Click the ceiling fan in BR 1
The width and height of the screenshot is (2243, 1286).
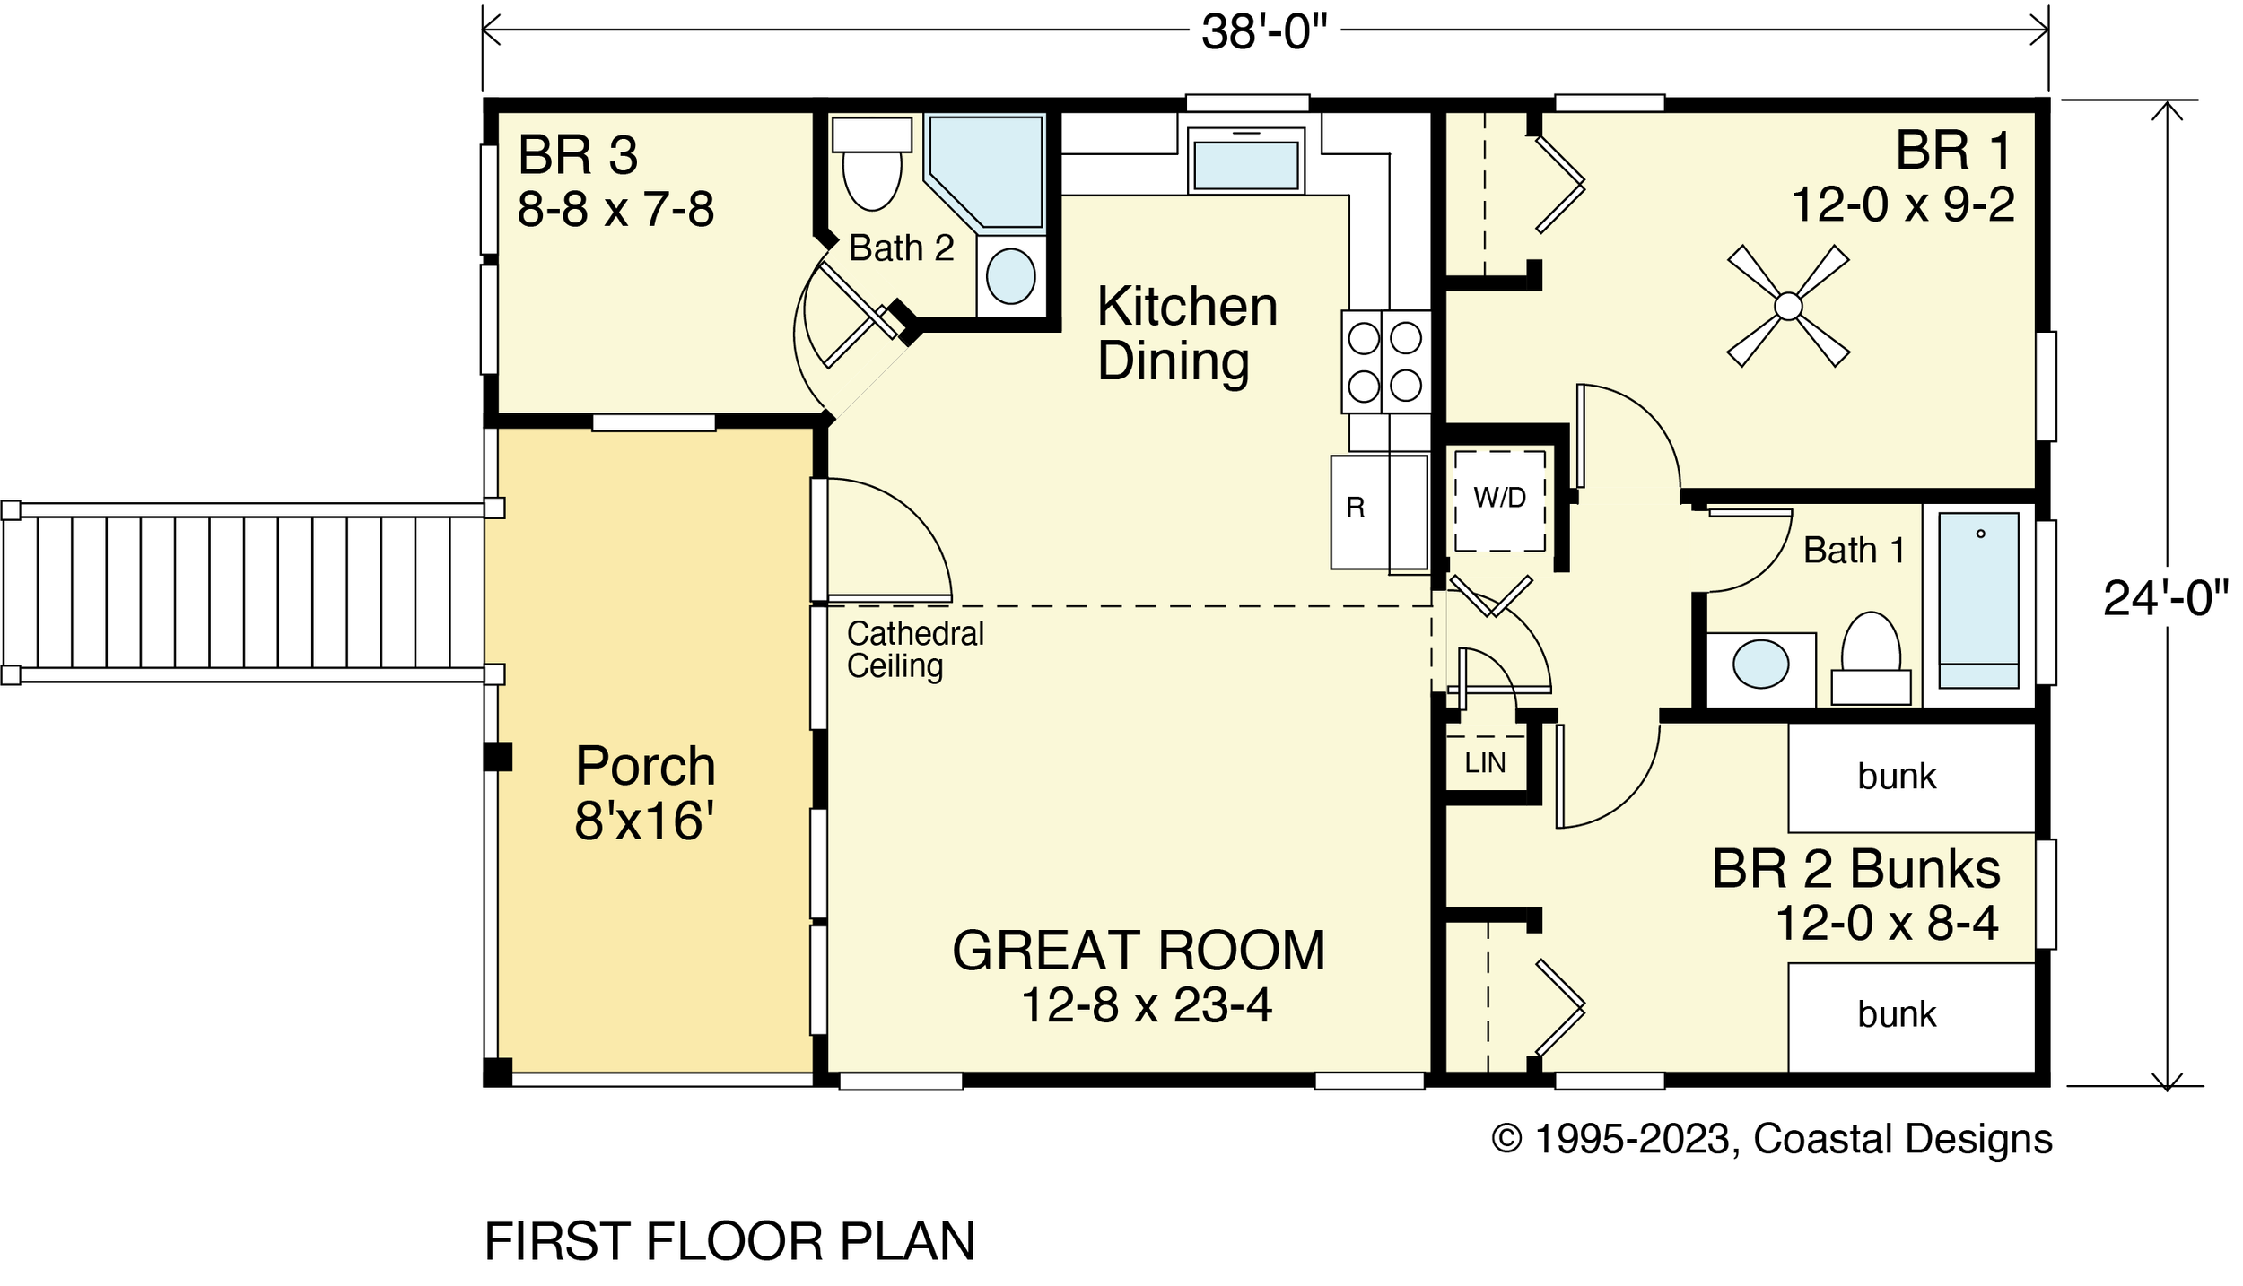pyautogui.click(x=1787, y=306)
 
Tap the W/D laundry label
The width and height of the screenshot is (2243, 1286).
pyautogui.click(x=1499, y=497)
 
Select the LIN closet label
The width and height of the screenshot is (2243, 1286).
pyautogui.click(x=1485, y=763)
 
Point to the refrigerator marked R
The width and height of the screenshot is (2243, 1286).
pyautogui.click(x=1379, y=513)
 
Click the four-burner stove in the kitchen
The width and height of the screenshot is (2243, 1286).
pyautogui.click(x=1385, y=361)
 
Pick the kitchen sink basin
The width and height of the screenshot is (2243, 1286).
pyautogui.click(x=1246, y=164)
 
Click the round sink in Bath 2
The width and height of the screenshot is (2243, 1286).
pyautogui.click(x=1010, y=276)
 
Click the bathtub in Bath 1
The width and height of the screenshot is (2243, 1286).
pyautogui.click(x=1978, y=600)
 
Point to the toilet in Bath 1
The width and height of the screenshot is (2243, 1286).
pyautogui.click(x=1871, y=658)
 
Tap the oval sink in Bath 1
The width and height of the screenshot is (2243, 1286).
pyautogui.click(x=1760, y=664)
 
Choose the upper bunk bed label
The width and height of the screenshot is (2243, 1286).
pyautogui.click(x=1897, y=777)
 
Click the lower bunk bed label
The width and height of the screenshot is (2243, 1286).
pyautogui.click(x=1897, y=1014)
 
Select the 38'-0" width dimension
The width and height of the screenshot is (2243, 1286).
pyautogui.click(x=1264, y=33)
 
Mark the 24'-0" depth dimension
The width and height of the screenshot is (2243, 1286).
pyautogui.click(x=2166, y=598)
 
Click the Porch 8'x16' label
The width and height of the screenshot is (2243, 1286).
pyautogui.click(x=645, y=793)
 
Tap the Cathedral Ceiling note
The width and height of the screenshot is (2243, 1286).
pyautogui.click(x=915, y=650)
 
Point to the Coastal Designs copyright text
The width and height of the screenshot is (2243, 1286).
pyautogui.click(x=1771, y=1140)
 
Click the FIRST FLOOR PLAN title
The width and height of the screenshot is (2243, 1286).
pyautogui.click(x=729, y=1241)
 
